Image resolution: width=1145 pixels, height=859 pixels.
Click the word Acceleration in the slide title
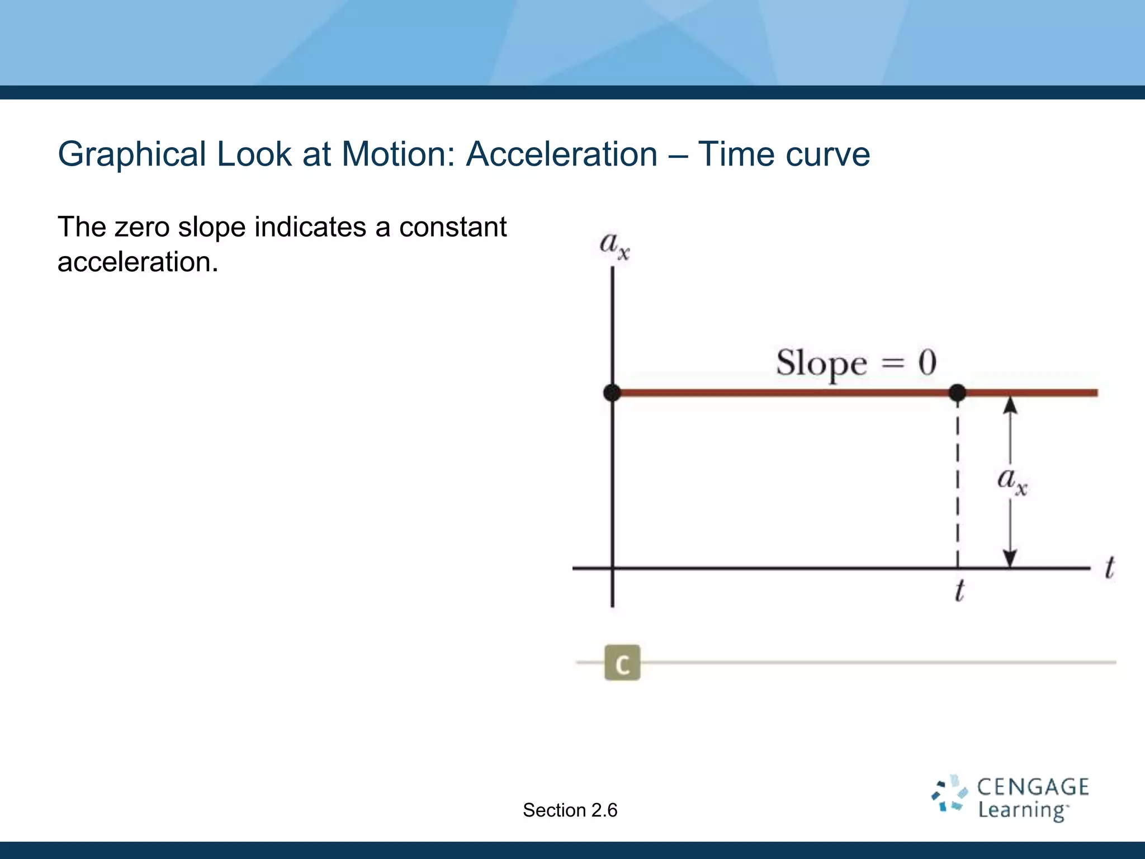561,154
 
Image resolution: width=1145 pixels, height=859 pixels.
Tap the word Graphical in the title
132,154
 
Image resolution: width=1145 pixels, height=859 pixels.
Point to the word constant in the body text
452,227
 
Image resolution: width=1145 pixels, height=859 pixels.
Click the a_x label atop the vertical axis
614,245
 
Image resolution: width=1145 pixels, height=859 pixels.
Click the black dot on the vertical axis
612,393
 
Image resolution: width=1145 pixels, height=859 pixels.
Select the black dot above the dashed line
957,393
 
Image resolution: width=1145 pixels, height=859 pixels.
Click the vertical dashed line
957,481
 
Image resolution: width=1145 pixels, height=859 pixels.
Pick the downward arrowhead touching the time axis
1010,558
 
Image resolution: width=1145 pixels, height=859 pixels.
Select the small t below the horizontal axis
959,591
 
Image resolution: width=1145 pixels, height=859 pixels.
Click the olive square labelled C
622,663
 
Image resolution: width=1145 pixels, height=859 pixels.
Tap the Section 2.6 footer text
570,810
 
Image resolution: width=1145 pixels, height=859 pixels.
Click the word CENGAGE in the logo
1032,787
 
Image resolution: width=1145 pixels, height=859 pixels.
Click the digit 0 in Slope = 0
927,362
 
